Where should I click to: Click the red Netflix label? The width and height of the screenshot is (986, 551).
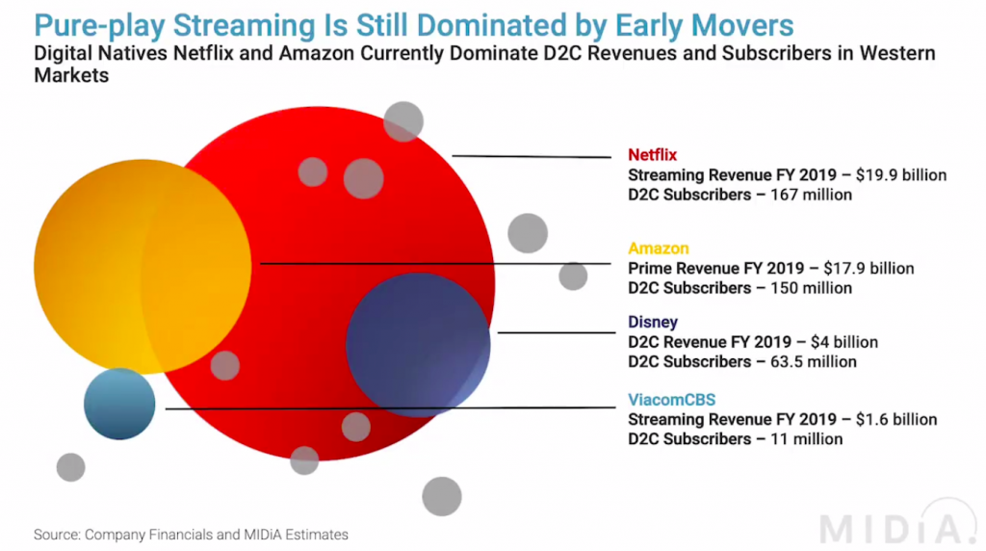pos(653,155)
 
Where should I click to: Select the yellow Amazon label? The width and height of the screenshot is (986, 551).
pos(659,249)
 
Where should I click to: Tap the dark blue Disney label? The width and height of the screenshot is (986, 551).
pos(653,323)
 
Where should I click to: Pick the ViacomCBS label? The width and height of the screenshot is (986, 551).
pos(672,400)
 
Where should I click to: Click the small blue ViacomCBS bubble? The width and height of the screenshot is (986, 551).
pos(119,404)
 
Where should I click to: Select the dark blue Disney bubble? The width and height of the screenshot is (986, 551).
pos(418,344)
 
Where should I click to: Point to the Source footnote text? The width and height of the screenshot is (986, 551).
pos(191,534)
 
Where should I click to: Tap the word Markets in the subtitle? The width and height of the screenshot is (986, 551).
pos(71,76)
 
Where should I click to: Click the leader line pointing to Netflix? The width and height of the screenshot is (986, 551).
pos(531,155)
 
